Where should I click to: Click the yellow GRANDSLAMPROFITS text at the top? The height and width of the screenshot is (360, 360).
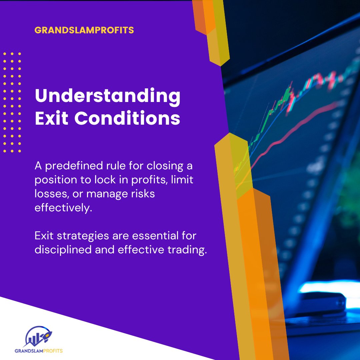click(x=84, y=30)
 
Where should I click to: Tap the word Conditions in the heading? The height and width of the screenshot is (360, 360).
click(x=127, y=118)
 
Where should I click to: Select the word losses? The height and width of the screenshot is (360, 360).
click(x=51, y=194)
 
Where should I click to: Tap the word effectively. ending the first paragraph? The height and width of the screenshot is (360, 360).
click(x=63, y=208)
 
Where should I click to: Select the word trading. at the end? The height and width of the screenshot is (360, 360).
click(x=187, y=250)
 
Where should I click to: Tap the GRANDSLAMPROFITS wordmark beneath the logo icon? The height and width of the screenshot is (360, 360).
click(x=39, y=351)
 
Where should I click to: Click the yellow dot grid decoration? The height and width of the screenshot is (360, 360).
click(x=12, y=102)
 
